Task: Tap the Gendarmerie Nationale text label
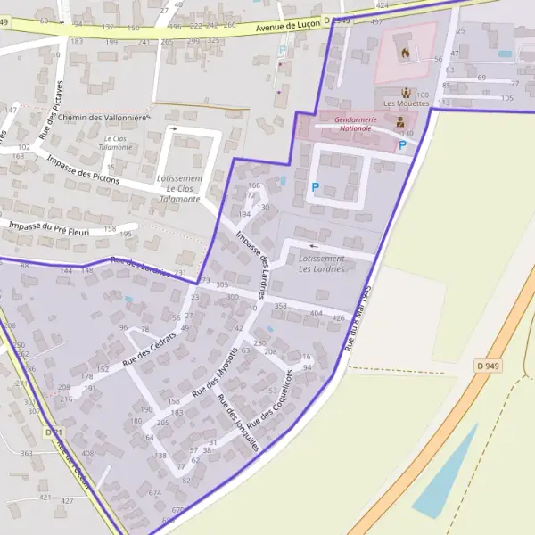354,123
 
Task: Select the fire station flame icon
405,52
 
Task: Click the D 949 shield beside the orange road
487,365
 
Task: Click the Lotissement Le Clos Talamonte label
178,189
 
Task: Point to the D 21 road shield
52,432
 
